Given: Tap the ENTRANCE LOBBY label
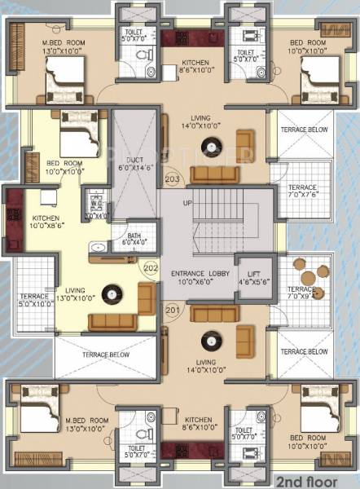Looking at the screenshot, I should (x=200, y=276).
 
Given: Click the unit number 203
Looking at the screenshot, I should (x=172, y=178).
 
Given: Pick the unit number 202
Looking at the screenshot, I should (x=150, y=265).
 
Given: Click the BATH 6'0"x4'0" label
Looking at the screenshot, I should (x=134, y=239).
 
